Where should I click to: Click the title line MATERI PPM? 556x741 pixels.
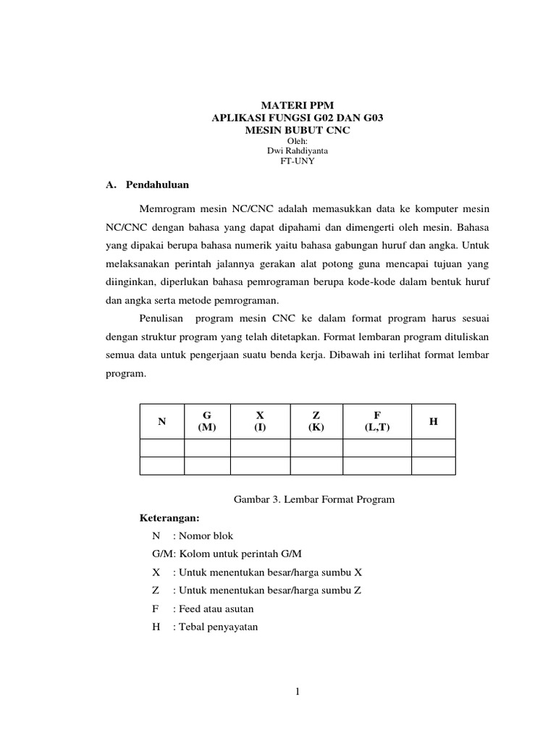pos(297,105)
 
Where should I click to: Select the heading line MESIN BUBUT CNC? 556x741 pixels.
pos(297,130)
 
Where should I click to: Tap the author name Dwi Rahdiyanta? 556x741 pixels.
pos(297,151)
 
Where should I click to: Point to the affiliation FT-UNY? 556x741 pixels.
pos(297,161)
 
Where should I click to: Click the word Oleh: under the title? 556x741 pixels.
pos(297,140)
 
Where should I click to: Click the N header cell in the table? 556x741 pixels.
pos(161,421)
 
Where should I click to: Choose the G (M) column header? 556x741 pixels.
pos(207,421)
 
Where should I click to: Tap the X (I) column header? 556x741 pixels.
pos(260,421)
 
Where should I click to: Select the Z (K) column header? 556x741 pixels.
pos(316,421)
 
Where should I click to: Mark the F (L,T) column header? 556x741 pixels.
pos(377,421)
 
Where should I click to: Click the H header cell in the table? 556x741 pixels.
pos(433,421)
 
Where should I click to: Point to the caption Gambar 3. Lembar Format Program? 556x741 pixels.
pos(313,500)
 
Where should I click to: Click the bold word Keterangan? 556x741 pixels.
pos(169,518)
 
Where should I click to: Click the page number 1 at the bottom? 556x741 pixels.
pos(297,693)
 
